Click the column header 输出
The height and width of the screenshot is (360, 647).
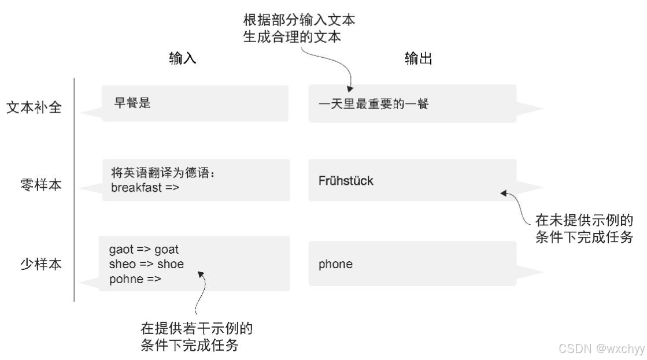(x=419, y=60)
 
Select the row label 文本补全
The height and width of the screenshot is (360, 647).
(x=34, y=108)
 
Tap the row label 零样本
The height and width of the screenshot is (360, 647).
(x=40, y=187)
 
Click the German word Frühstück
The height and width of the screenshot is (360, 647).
(x=346, y=181)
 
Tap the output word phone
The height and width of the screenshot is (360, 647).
(x=335, y=264)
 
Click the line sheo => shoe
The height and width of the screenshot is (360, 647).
(x=146, y=264)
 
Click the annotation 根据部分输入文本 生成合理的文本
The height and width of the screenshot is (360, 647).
(x=299, y=27)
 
